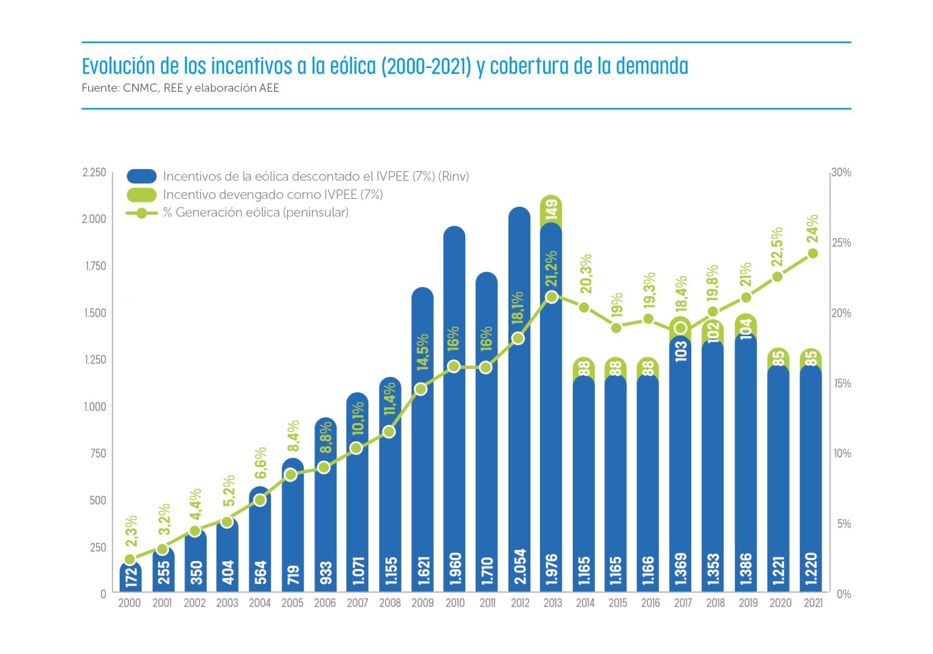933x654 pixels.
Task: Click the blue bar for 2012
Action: pos(519,425)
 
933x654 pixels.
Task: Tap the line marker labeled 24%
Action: pos(813,253)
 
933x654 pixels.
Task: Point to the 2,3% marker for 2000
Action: pos(129,559)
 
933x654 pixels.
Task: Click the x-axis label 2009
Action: pos(423,603)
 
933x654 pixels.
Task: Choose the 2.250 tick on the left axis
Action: pos(94,173)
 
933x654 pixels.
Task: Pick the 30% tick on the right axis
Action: pos(841,173)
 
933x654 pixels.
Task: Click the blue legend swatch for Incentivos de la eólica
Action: pos(142,176)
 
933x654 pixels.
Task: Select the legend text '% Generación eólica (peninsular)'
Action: pos(255,213)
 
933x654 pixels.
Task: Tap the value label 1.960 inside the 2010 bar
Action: pos(455,568)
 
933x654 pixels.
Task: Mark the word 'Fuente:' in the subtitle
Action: pos(100,88)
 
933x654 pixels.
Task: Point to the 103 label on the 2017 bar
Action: pos(681,351)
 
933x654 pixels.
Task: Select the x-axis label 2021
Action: pos(813,603)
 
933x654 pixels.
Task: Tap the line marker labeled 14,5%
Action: pos(421,389)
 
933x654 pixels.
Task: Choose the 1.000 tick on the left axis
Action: pos(95,407)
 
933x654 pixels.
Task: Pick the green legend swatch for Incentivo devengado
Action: pos(142,194)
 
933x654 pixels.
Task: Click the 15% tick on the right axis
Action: pos(842,384)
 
